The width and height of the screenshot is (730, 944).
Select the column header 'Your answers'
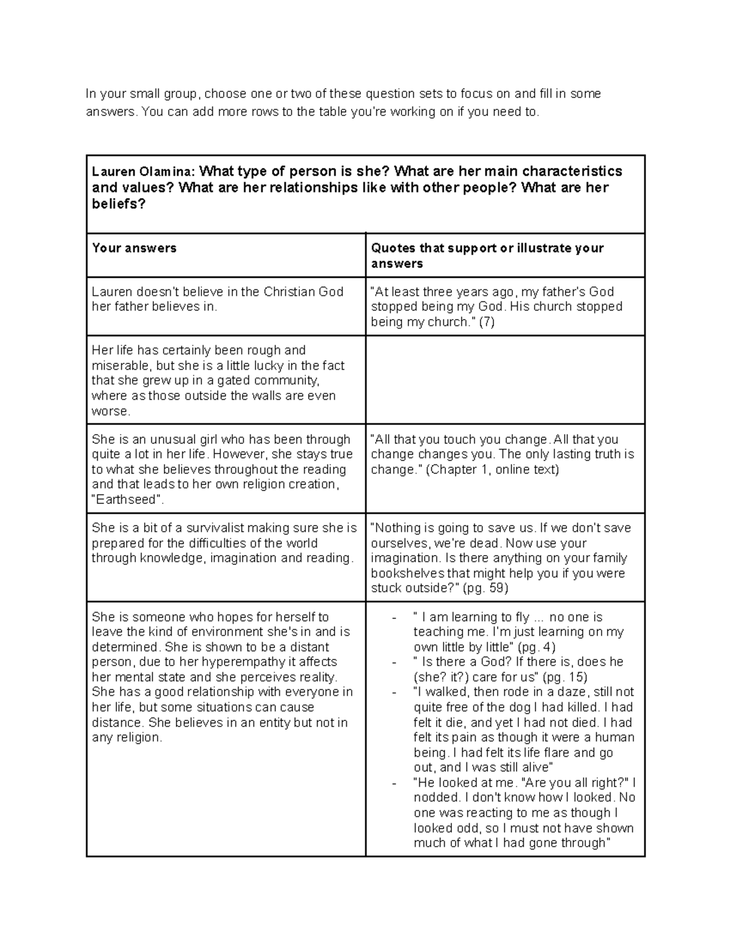(134, 248)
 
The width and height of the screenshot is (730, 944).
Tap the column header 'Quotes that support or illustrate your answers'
(487, 255)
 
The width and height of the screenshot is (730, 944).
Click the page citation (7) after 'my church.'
(486, 322)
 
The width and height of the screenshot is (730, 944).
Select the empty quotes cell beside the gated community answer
(505, 380)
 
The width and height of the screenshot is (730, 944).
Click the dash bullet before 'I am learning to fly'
(395, 618)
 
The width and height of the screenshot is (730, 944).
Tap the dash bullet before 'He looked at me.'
(395, 783)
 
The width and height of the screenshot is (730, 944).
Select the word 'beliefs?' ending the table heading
(119, 204)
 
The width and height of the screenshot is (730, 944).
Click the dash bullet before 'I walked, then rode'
(395, 692)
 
